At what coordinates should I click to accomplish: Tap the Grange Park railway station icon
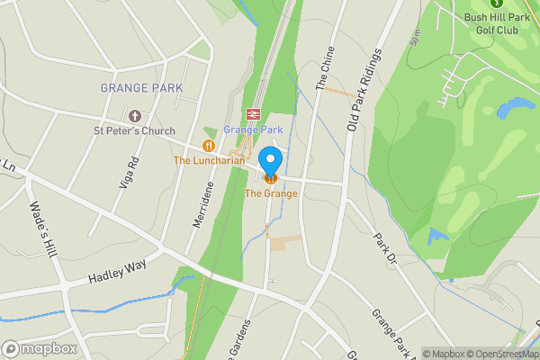click(x=254, y=114)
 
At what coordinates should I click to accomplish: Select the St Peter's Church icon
click(x=135, y=116)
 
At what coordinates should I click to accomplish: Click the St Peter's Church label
click(x=135, y=131)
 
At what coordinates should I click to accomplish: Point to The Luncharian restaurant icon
click(x=209, y=145)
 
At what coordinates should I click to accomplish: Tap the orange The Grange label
click(x=271, y=193)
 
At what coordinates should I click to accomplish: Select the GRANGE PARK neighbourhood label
click(x=141, y=88)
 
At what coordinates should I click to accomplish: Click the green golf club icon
click(x=491, y=4)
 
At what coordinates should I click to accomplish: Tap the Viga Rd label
click(x=130, y=172)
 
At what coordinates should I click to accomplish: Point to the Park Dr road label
click(x=385, y=247)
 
